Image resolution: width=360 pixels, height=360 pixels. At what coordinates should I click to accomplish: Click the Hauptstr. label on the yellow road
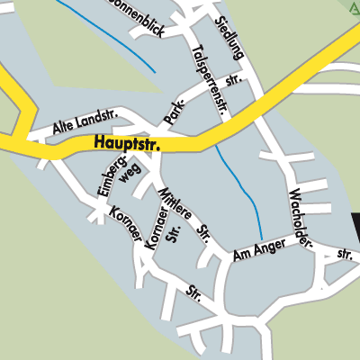[126, 143]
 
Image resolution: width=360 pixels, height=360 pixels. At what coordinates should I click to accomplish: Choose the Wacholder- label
[301, 220]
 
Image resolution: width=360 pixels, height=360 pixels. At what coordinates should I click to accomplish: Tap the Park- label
[174, 111]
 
